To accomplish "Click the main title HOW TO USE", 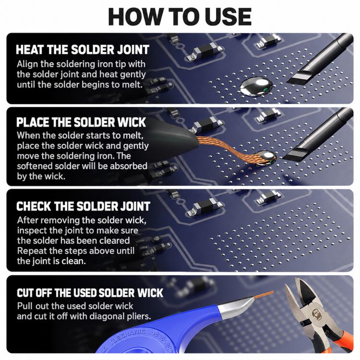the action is (x=180, y=17).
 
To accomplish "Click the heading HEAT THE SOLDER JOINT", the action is (x=83, y=49).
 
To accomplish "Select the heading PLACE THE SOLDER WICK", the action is (x=81, y=122).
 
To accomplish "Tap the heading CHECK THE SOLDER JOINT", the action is (x=83, y=206).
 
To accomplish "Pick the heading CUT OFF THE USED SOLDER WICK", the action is (x=90, y=293).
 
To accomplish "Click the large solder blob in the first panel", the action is (x=256, y=87).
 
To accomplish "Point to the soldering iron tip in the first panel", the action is (x=299, y=78).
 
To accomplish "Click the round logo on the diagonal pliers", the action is (x=317, y=314).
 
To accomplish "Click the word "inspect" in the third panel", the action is (x=32, y=230).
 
